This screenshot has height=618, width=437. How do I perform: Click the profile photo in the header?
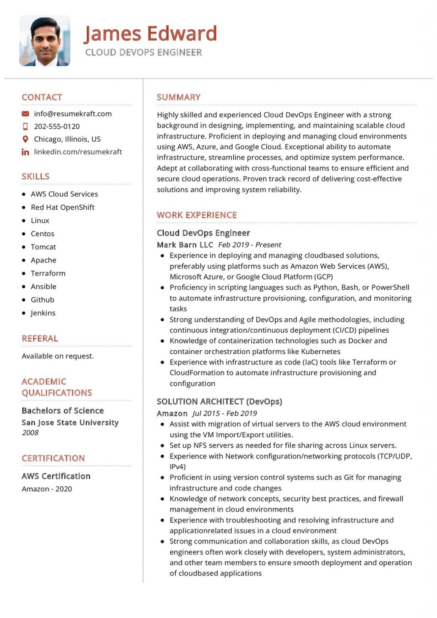[45, 41]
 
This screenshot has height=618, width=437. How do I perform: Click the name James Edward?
[150, 33]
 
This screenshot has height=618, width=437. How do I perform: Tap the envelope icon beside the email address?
[25, 114]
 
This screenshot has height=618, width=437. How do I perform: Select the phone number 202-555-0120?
[57, 126]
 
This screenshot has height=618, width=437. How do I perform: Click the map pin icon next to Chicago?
[25, 139]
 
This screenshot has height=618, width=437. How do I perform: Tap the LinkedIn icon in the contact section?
[25, 152]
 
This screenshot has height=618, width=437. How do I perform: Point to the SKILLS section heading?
[35, 176]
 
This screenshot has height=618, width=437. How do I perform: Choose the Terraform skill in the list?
[48, 273]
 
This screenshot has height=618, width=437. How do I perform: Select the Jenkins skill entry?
[43, 313]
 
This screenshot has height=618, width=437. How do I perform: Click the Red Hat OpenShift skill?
[62, 207]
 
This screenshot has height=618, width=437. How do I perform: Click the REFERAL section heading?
[40, 338]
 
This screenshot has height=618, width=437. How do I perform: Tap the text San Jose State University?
[70, 422]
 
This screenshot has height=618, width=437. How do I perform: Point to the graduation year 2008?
[30, 433]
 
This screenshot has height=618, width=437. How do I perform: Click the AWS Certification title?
[56, 476]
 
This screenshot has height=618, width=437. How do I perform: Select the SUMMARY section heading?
[178, 97]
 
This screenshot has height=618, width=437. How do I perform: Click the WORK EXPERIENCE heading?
[197, 215]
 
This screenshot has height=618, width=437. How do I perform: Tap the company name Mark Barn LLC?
[185, 245]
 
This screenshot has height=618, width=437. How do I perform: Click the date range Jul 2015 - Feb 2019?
[224, 413]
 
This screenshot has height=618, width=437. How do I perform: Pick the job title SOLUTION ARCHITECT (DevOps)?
[219, 402]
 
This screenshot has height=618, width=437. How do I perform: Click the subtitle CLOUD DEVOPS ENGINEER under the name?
[143, 52]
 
